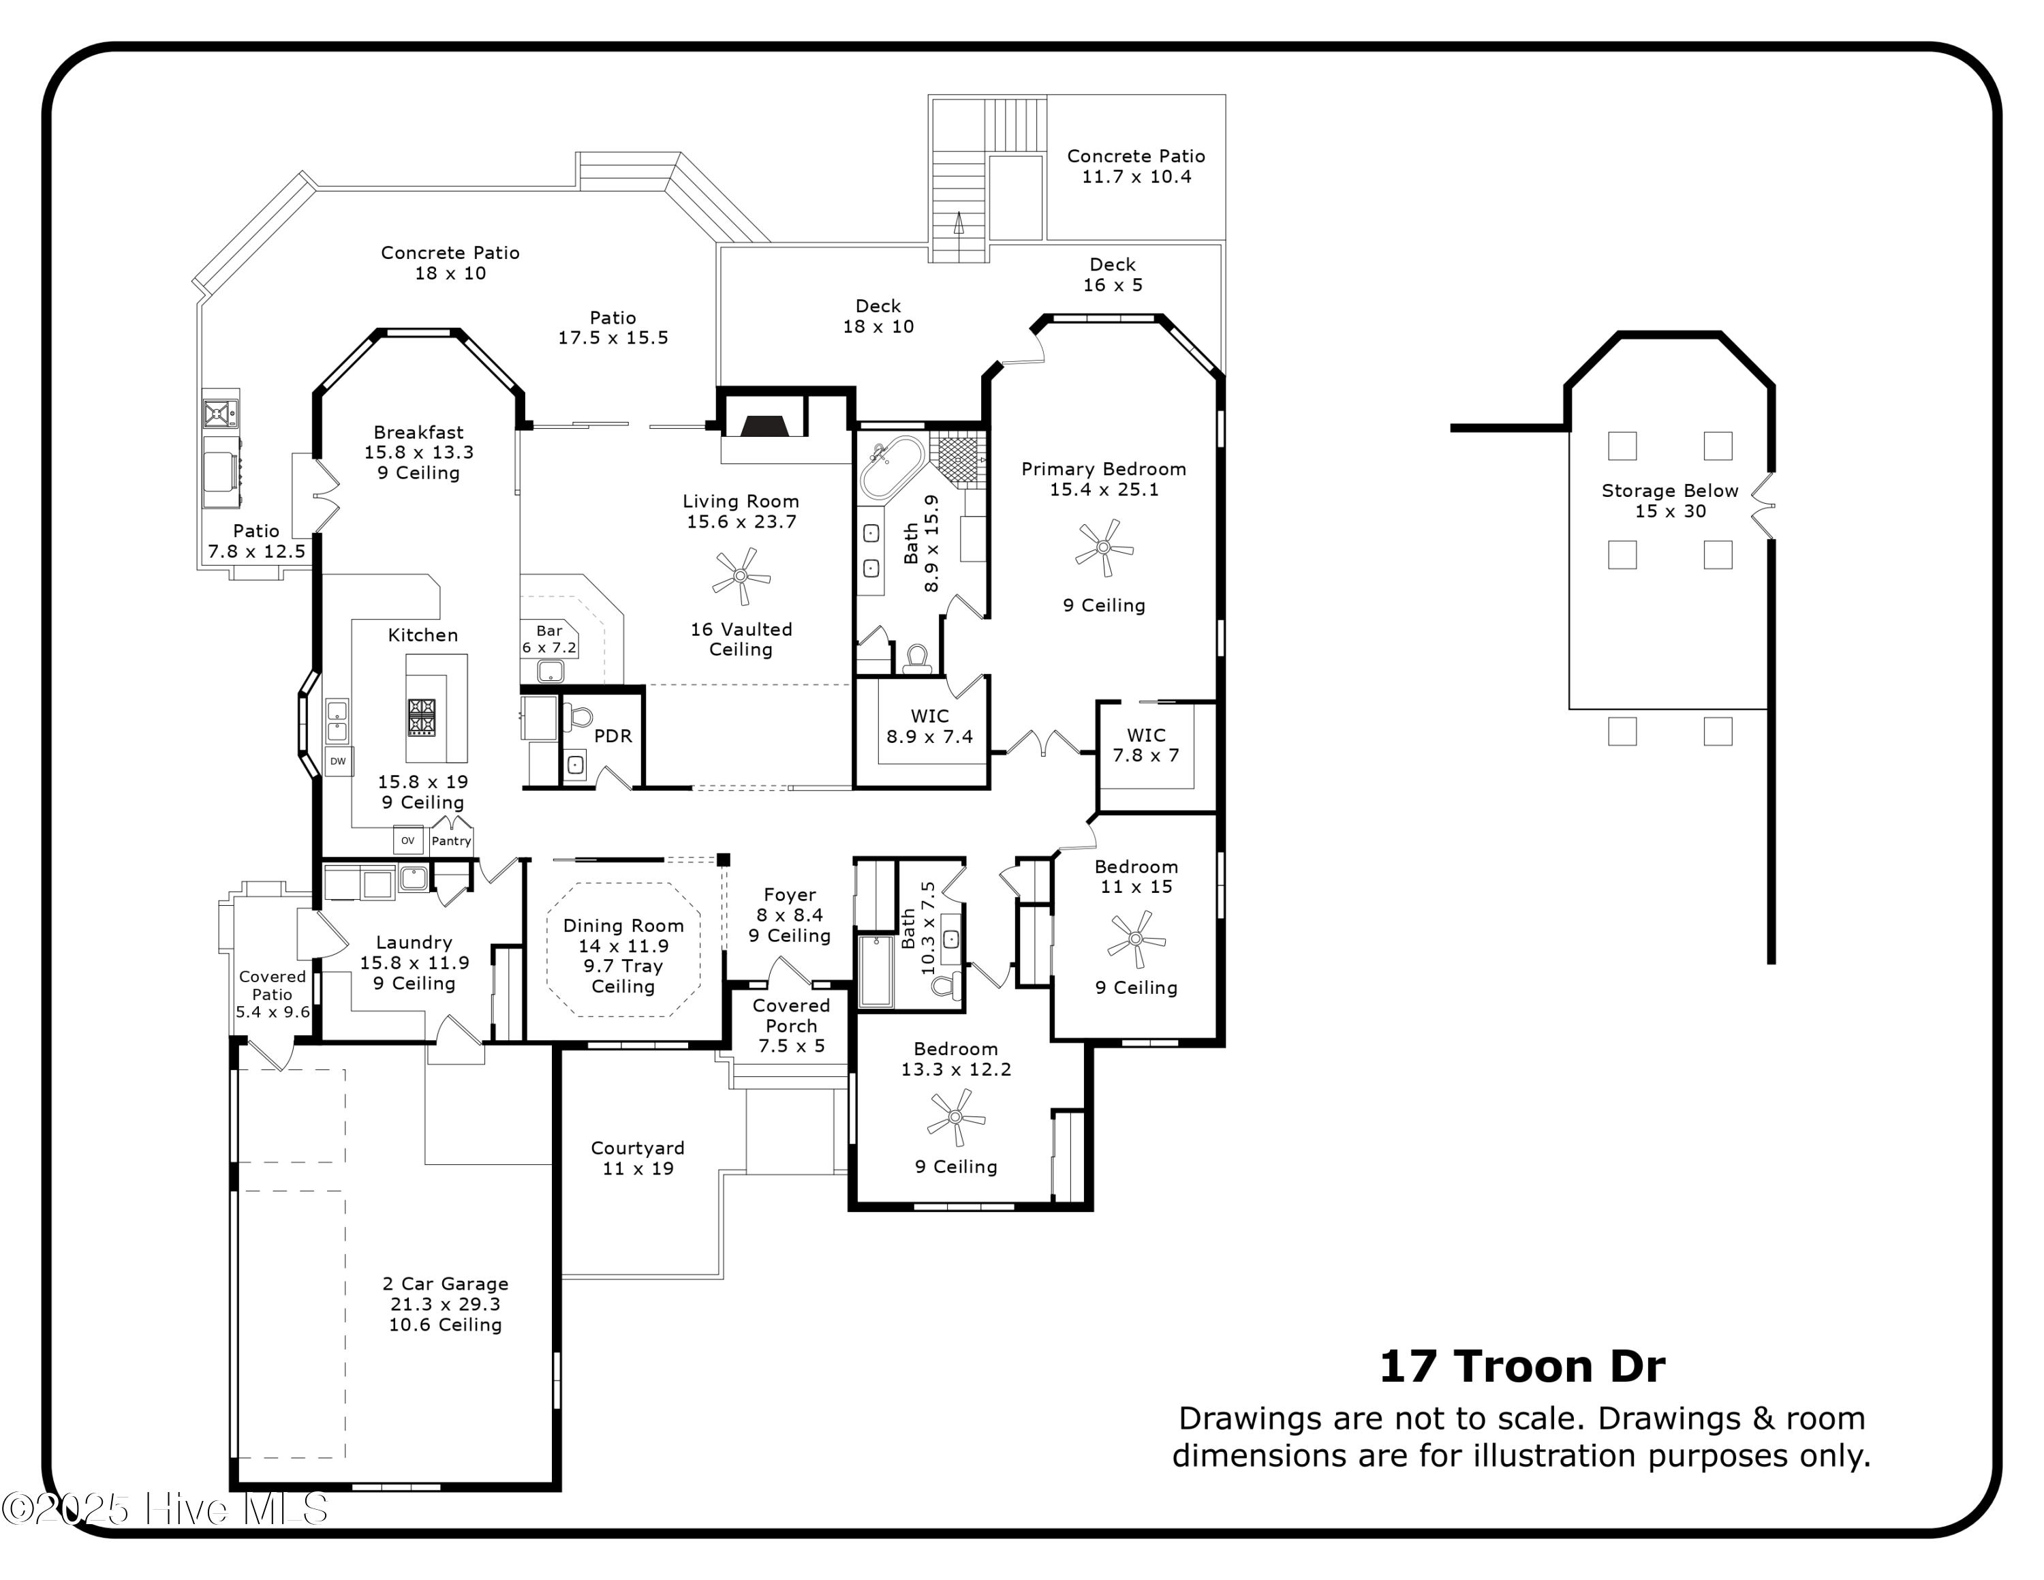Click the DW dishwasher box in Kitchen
(x=338, y=761)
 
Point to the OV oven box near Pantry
(x=407, y=840)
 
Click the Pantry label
(x=451, y=840)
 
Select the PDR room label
(x=613, y=735)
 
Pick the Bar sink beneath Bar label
(x=551, y=670)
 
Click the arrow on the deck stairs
(x=959, y=223)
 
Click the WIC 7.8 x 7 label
(x=1145, y=745)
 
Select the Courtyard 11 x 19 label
(x=637, y=1158)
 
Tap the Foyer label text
(x=789, y=895)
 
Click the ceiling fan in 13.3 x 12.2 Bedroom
(x=955, y=1116)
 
